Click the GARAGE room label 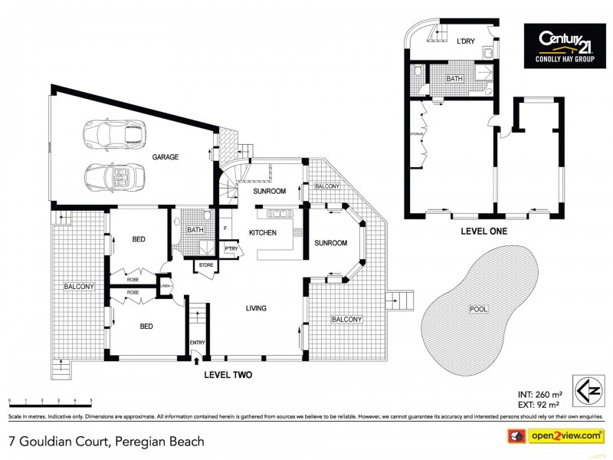[x=165, y=157]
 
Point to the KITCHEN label [x=263, y=232]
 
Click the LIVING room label [x=255, y=309]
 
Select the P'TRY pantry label [x=230, y=248]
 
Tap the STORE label [x=205, y=266]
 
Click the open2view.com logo [x=562, y=435]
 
